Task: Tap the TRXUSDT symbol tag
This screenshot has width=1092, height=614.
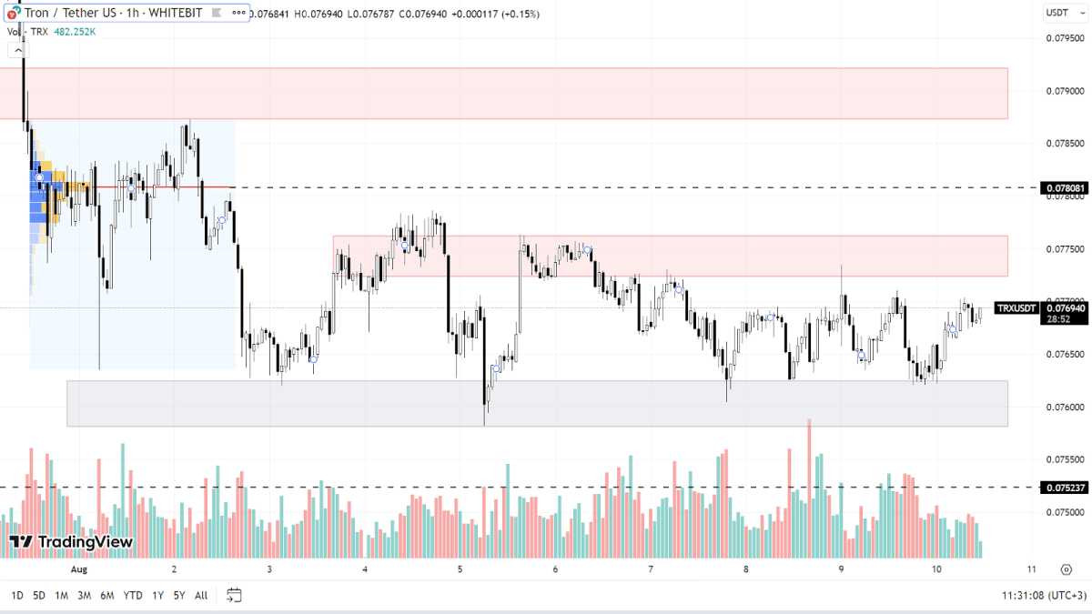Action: (x=1016, y=308)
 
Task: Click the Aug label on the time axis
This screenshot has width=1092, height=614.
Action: (x=79, y=569)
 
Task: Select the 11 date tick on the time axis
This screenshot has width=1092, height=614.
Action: (x=1032, y=569)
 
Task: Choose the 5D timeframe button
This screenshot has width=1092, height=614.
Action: (x=39, y=596)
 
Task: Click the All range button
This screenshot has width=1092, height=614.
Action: (x=201, y=596)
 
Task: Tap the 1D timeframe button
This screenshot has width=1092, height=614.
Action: (x=17, y=596)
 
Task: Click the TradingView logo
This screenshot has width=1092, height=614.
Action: (x=72, y=542)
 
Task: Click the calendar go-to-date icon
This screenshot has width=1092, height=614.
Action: (x=234, y=596)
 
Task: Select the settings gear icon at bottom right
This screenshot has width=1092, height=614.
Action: (x=1066, y=569)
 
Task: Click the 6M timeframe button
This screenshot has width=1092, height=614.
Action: (x=106, y=596)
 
